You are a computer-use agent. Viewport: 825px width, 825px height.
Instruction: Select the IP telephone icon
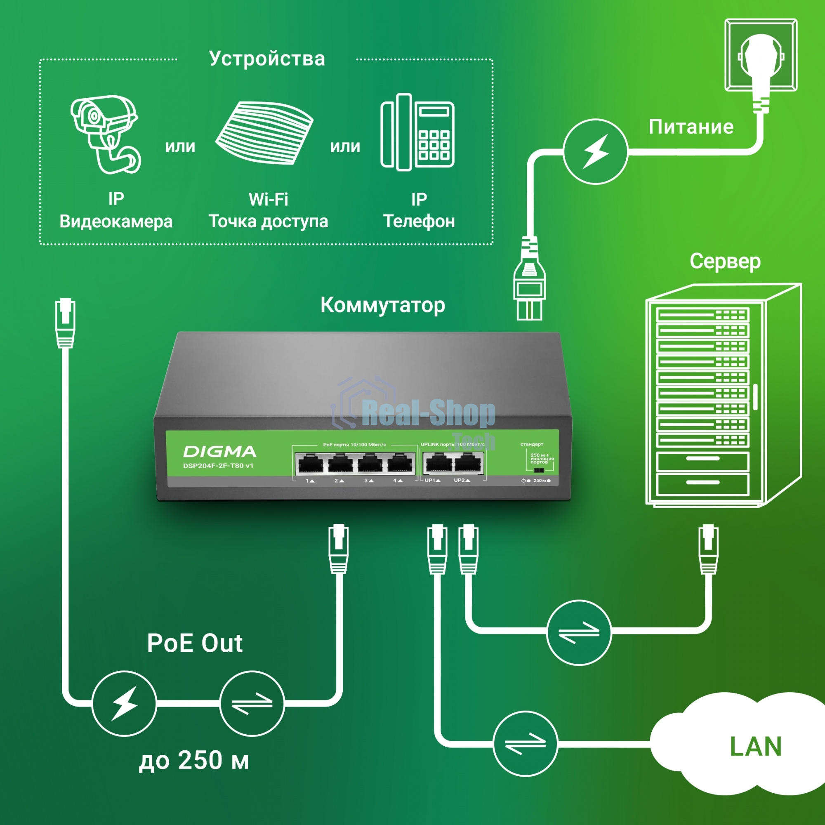[417, 132]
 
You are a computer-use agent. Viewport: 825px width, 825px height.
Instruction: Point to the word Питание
[691, 127]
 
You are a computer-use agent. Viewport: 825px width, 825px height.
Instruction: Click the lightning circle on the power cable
[595, 151]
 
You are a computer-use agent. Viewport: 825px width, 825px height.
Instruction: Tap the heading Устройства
[267, 59]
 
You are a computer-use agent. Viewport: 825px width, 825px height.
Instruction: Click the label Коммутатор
[383, 305]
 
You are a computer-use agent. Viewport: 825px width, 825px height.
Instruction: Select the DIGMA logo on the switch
[219, 452]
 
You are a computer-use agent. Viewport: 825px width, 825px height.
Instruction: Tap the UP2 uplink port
[468, 464]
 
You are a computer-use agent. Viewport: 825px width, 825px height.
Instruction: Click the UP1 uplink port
[439, 464]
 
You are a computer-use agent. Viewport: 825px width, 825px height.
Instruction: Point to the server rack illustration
[721, 395]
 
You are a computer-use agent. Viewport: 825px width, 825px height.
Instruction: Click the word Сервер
[725, 261]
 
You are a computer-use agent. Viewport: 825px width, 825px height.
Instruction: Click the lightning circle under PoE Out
[124, 703]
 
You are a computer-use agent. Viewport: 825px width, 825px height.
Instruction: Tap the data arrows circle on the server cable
[579, 632]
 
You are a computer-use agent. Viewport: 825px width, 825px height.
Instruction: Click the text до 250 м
[194, 760]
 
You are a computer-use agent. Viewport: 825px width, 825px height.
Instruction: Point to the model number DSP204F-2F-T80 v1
[218, 466]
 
